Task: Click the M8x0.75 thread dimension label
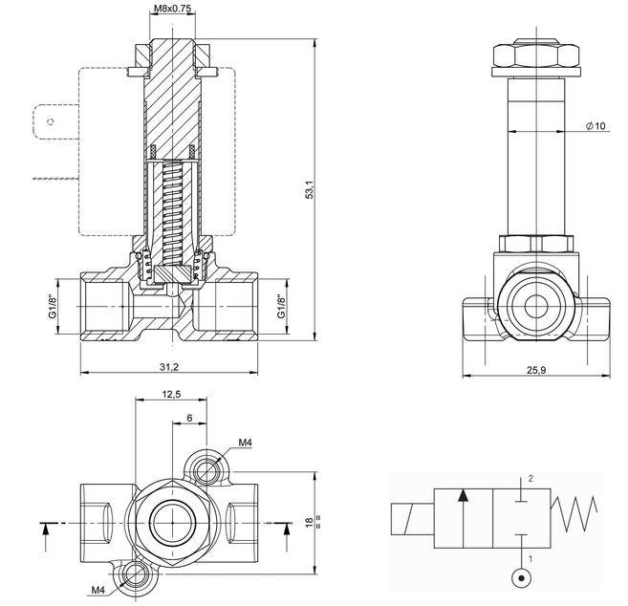click(x=172, y=10)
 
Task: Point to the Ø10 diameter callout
click(x=595, y=127)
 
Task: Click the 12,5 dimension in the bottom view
click(x=171, y=393)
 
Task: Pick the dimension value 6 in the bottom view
click(x=190, y=418)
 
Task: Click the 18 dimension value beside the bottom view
click(x=308, y=523)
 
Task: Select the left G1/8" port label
click(x=54, y=307)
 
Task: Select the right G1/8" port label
click(x=280, y=307)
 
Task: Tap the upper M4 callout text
click(x=245, y=443)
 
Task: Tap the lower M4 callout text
click(x=97, y=589)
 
